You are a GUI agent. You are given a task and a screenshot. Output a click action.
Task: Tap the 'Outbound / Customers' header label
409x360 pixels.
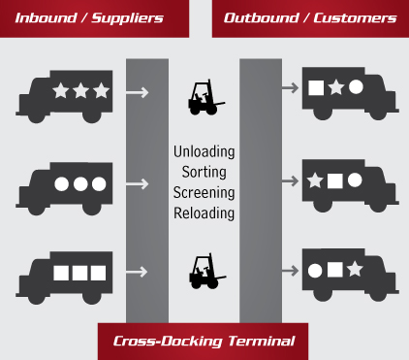[310, 17]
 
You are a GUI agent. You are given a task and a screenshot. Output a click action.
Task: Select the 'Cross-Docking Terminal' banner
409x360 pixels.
[204, 341]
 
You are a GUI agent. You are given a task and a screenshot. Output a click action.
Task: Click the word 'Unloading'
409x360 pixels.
[204, 151]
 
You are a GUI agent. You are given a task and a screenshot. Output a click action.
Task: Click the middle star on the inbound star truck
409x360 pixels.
[79, 91]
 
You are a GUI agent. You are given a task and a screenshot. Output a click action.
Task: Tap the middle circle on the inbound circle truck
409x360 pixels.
[79, 182]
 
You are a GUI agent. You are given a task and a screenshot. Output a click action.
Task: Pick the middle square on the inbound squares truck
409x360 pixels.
[79, 273]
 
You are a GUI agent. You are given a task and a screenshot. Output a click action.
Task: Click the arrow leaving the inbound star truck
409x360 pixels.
[139, 93]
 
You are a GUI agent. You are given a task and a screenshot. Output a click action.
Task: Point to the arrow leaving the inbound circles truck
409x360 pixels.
[139, 183]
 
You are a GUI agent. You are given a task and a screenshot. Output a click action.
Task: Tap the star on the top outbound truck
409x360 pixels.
[335, 87]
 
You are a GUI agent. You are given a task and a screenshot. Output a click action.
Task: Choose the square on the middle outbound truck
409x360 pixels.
[335, 180]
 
